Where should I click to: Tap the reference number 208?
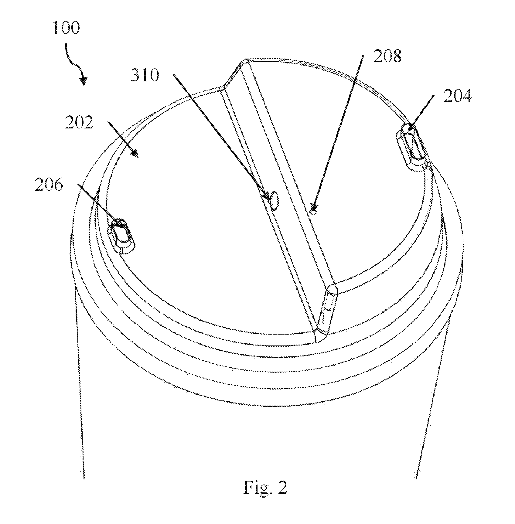click(x=387, y=56)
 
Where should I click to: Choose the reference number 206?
click(x=49, y=184)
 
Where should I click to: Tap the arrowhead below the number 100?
click(x=83, y=80)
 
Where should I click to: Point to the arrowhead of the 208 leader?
click(x=314, y=208)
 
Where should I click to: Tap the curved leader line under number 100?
click(x=74, y=61)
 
